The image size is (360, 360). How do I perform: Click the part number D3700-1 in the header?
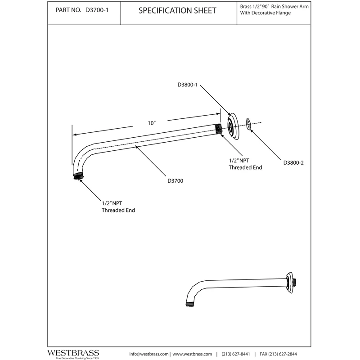pos(97,10)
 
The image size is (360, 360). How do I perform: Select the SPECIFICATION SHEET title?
pos(177,10)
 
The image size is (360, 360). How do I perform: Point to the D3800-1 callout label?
pos(188,84)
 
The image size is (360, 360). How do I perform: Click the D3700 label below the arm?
pos(175,180)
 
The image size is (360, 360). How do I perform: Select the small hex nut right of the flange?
pos(248,124)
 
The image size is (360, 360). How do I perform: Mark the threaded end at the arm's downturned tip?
pos(79,175)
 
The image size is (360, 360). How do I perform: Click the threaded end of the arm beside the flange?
pos(219,128)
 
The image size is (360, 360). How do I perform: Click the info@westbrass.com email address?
pos(149,354)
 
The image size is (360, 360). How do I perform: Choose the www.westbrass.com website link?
pos(192,354)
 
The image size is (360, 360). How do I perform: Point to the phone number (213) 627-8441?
pos(237,354)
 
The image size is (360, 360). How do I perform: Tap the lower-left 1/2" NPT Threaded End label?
pos(118,207)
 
